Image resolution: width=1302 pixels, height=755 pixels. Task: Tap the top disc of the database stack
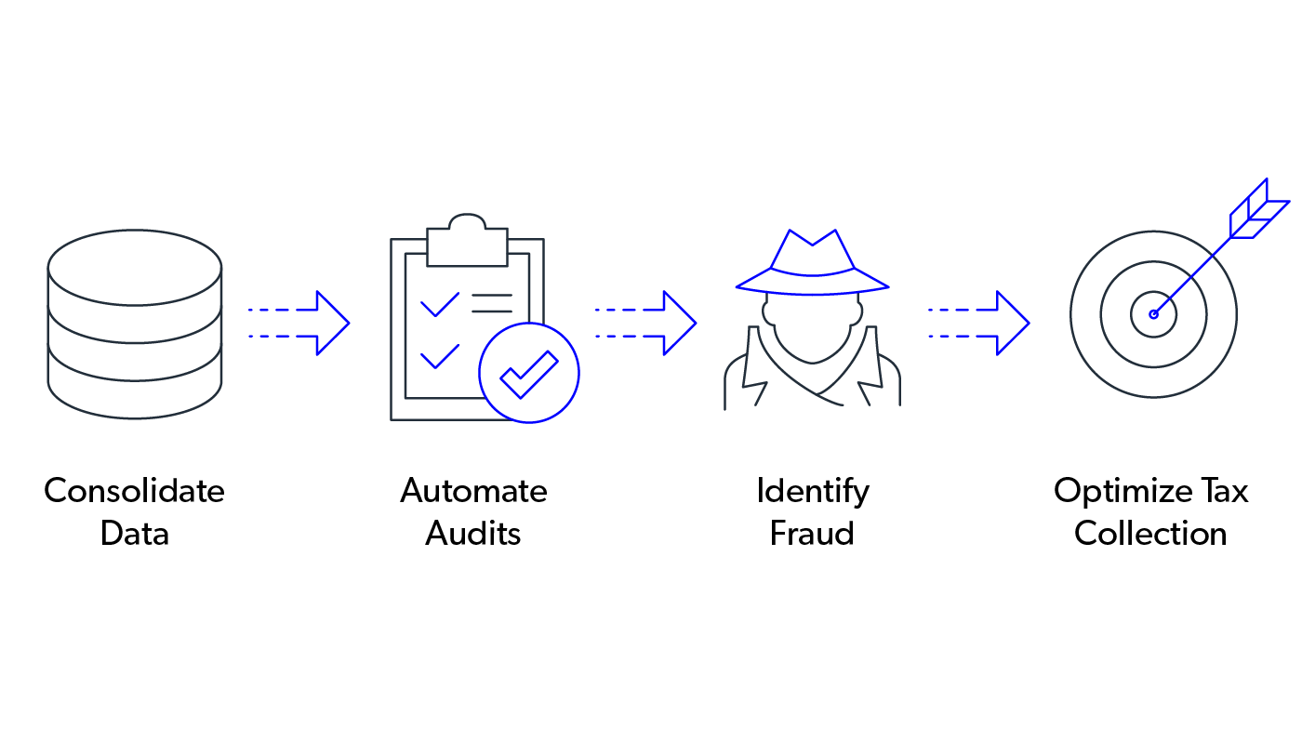(135, 267)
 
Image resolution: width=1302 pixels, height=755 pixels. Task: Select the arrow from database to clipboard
(298, 323)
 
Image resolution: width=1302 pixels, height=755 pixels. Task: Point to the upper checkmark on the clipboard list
(439, 305)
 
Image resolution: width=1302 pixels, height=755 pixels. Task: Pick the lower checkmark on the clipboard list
(439, 357)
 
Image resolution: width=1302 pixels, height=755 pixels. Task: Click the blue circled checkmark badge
(529, 373)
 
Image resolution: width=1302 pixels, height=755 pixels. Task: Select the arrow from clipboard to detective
(644, 323)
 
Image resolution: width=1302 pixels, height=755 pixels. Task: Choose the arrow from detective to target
(977, 323)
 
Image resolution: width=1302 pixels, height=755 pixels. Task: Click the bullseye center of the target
(1153, 314)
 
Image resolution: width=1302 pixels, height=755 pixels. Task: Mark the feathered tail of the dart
(1255, 210)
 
